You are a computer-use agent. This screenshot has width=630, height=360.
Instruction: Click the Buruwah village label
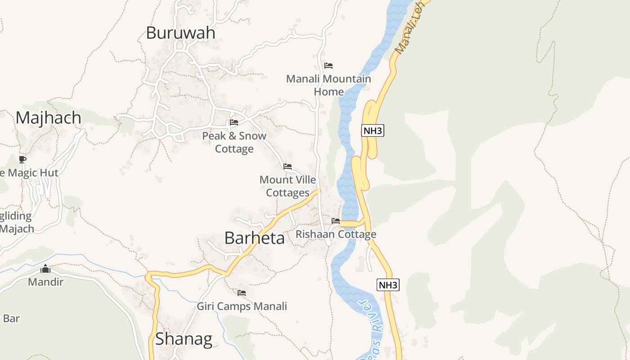pyautogui.click(x=180, y=33)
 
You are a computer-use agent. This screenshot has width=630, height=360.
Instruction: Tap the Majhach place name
pyautogui.click(x=49, y=118)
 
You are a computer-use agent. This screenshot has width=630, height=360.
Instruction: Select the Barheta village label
pyautogui.click(x=254, y=238)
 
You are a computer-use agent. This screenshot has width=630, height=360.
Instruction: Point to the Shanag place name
pyautogui.click(x=184, y=339)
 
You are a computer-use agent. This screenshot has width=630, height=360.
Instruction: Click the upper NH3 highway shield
pyautogui.click(x=373, y=131)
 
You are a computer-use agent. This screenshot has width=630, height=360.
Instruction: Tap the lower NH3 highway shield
pyautogui.click(x=388, y=285)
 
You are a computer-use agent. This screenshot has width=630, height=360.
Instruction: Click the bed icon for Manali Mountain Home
pyautogui.click(x=328, y=66)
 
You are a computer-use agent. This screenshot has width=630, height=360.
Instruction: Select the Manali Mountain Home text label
pyautogui.click(x=328, y=85)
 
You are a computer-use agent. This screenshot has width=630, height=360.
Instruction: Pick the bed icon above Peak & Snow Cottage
pyautogui.click(x=234, y=122)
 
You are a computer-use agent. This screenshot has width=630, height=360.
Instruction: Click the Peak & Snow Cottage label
pyautogui.click(x=234, y=142)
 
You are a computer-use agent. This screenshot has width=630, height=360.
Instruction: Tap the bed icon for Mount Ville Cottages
pyautogui.click(x=288, y=166)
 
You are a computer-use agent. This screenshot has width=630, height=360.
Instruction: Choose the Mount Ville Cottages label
pyautogui.click(x=288, y=186)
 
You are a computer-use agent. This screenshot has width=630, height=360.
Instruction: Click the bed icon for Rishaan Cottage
pyautogui.click(x=336, y=221)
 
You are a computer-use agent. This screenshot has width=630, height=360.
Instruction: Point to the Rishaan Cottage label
pyautogui.click(x=336, y=234)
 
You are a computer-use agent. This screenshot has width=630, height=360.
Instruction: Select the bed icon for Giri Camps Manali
pyautogui.click(x=242, y=293)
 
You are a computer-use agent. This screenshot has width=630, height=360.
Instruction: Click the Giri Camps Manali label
pyautogui.click(x=242, y=306)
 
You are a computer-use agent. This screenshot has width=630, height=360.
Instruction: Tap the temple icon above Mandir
pyautogui.click(x=45, y=269)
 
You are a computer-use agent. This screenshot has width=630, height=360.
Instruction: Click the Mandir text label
pyautogui.click(x=45, y=282)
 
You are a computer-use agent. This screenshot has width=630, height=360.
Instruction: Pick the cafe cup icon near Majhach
pyautogui.click(x=22, y=159)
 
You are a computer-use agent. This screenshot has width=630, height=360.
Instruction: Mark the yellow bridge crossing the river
pyautogui.click(x=349, y=224)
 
